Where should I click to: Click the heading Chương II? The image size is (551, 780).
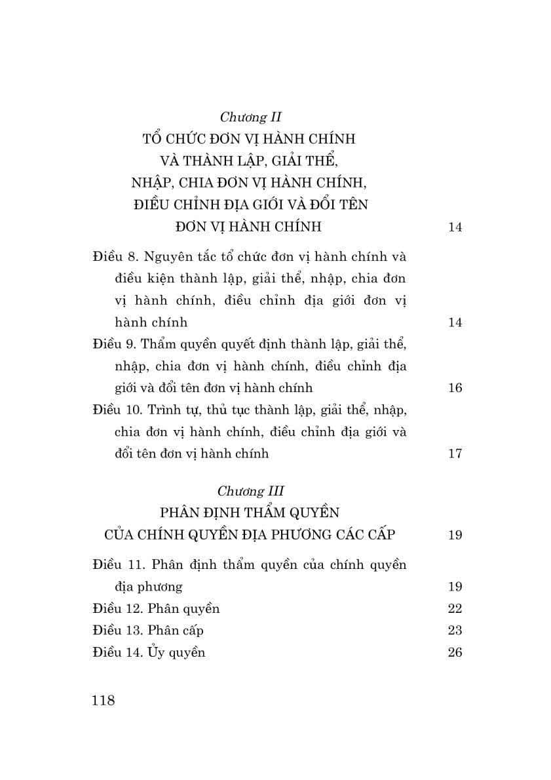250,117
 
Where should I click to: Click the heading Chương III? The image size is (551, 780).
250,490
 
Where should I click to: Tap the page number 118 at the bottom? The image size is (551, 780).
104,700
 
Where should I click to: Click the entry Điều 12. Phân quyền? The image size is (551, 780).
156,608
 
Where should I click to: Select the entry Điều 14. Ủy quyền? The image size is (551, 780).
149,652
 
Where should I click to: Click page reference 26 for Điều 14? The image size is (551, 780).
455,652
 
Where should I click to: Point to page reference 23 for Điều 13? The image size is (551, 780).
455,631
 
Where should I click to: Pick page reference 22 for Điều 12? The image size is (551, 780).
455,608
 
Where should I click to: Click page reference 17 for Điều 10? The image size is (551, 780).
455,454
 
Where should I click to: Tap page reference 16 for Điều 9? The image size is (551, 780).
455,388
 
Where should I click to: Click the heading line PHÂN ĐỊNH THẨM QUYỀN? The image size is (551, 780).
250,512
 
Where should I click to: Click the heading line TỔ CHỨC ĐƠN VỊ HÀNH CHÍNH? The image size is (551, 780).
249,140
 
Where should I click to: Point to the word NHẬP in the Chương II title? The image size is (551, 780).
153,183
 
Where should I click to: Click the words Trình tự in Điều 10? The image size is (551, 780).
170,410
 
